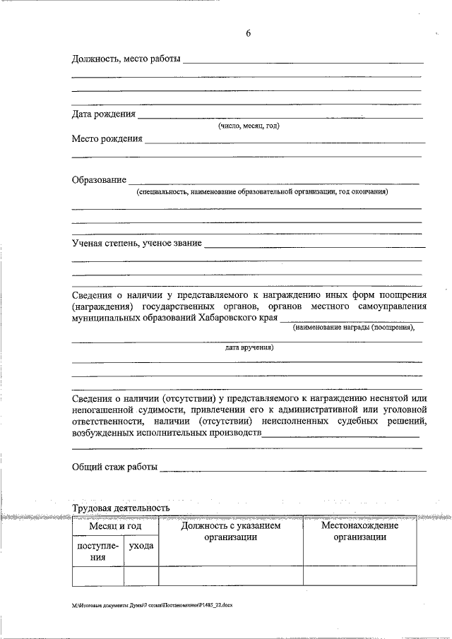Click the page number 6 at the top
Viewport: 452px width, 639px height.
(248, 33)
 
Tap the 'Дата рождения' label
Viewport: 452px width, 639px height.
(103, 114)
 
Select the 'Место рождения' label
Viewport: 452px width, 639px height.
(107, 139)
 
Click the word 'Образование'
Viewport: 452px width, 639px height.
(99, 179)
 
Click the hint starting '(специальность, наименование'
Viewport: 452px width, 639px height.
(262, 191)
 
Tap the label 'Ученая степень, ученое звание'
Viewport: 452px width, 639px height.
(137, 243)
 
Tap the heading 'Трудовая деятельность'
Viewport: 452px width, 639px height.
(121, 508)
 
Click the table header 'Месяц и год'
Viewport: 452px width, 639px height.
(115, 527)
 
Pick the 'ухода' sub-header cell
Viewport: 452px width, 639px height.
(141, 547)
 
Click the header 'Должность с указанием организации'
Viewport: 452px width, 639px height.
(230, 532)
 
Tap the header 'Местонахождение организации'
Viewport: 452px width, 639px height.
(359, 532)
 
